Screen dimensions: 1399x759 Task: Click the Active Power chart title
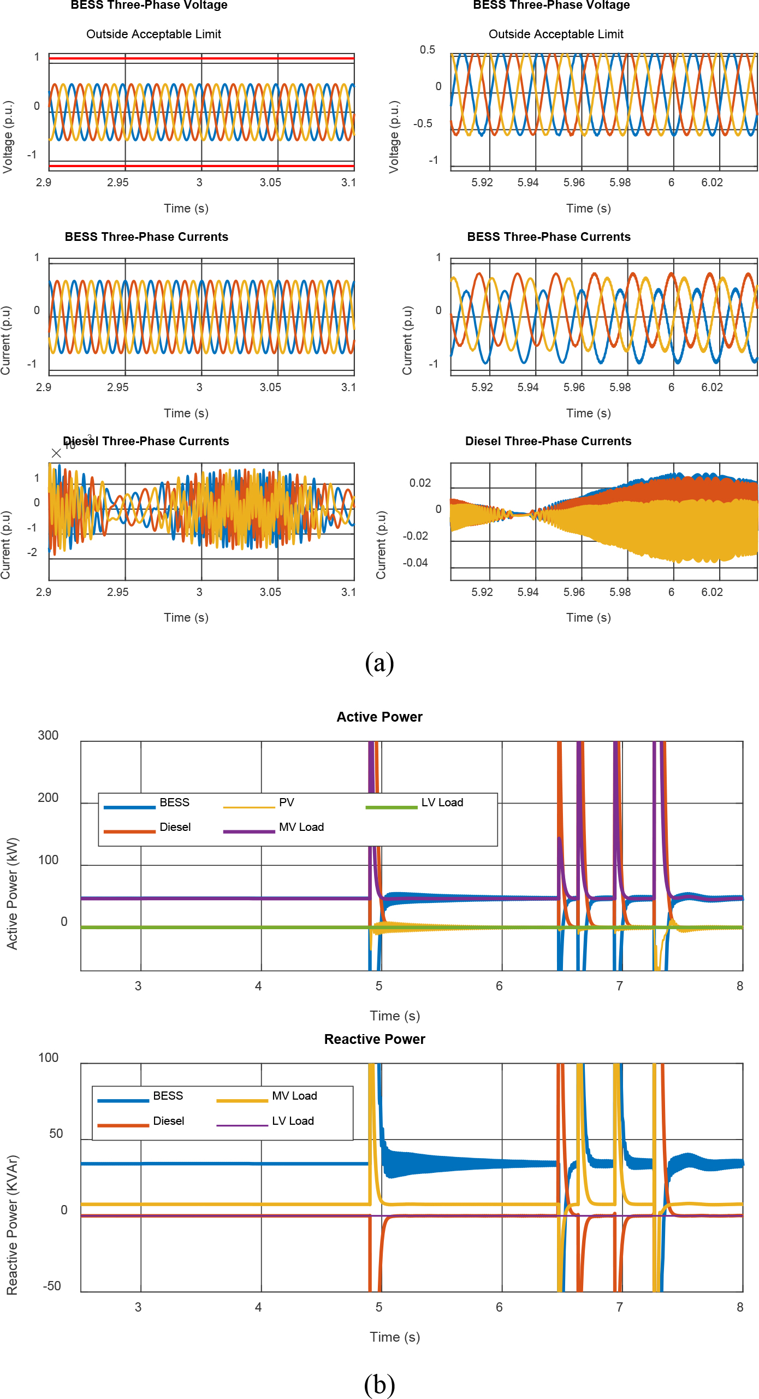tap(379, 717)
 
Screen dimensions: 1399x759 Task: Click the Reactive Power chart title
tap(375, 1039)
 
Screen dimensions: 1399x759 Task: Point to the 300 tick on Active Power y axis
tap(48, 735)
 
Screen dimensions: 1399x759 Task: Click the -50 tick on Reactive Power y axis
tap(52, 1286)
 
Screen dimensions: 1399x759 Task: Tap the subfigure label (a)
tap(379, 663)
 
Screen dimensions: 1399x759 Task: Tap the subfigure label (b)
tap(379, 1384)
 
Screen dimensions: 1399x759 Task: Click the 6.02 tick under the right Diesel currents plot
tap(712, 592)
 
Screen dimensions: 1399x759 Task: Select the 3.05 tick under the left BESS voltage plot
tap(270, 182)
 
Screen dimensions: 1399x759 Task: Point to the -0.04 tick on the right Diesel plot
tap(416, 563)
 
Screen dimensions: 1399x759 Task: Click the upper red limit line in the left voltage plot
tap(202, 58)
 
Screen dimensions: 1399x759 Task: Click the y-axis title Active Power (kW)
tap(12, 893)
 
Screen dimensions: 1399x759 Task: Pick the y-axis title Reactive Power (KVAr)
tap(12, 1225)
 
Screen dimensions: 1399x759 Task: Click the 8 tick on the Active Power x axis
tap(740, 986)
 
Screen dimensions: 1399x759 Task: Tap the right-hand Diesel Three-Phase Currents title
tap(548, 441)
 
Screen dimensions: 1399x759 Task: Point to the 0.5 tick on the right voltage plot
tap(428, 50)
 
